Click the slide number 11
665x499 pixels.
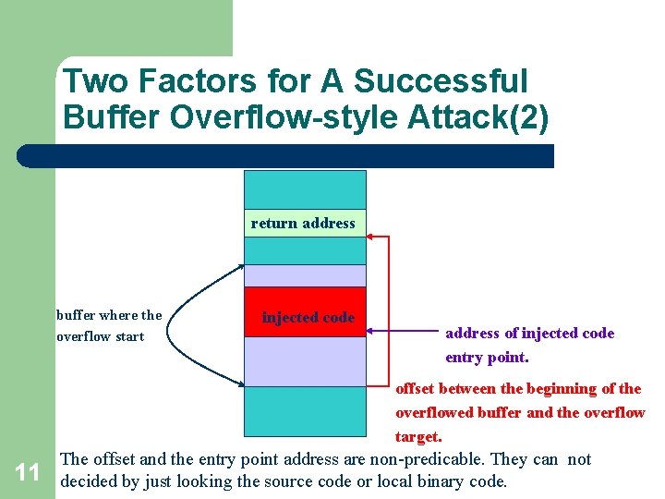tap(28, 473)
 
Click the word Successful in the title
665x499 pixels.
tap(440, 81)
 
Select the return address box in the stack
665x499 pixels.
tap(304, 223)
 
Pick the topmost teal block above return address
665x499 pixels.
tap(304, 189)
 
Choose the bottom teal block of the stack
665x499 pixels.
tap(304, 411)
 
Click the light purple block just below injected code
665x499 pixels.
tap(304, 361)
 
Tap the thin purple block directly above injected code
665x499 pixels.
tap(304, 276)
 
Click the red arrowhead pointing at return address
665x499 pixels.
tap(372, 237)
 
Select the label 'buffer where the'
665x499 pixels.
tap(109, 315)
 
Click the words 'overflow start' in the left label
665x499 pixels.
tap(100, 336)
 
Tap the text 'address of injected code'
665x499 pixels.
tap(529, 334)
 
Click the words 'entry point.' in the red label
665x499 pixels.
tap(487, 358)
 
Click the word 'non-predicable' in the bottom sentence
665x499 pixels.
tap(425, 459)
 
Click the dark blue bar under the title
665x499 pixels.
tap(286, 156)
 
